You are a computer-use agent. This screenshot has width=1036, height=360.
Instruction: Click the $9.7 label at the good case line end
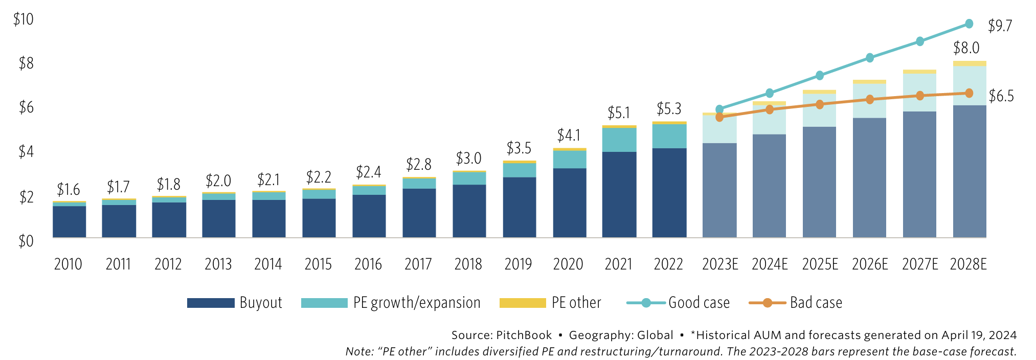(1000, 26)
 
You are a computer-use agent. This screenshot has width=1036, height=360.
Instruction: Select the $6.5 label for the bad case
(1001, 96)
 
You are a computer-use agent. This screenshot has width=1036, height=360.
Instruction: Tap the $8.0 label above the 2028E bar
(966, 48)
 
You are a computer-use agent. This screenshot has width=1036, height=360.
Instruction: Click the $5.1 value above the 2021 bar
(618, 112)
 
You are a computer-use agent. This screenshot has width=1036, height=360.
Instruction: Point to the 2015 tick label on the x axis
(318, 264)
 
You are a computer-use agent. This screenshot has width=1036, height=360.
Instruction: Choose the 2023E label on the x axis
(719, 264)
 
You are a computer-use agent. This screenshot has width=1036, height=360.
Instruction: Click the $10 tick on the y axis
(23, 19)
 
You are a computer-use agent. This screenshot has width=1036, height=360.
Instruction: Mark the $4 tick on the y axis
(26, 152)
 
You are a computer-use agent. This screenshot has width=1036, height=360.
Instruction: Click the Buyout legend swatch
(211, 303)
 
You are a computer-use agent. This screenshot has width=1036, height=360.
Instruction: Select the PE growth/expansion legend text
(417, 303)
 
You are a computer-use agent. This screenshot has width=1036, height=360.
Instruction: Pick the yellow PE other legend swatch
(522, 303)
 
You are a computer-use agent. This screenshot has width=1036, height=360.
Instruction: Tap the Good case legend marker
(646, 303)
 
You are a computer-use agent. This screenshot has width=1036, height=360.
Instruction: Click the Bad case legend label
(816, 303)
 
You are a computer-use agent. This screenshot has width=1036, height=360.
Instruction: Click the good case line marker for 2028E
(969, 24)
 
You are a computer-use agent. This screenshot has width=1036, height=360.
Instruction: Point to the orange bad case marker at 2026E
(869, 100)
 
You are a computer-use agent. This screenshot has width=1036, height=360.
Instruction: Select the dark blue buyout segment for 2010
(69, 221)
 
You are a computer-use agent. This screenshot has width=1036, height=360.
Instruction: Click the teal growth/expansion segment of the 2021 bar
(619, 140)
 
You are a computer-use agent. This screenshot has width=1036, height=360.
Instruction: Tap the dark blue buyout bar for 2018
(469, 211)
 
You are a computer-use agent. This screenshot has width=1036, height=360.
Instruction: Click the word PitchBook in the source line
(524, 335)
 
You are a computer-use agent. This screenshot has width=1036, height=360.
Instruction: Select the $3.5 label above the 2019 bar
(519, 148)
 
